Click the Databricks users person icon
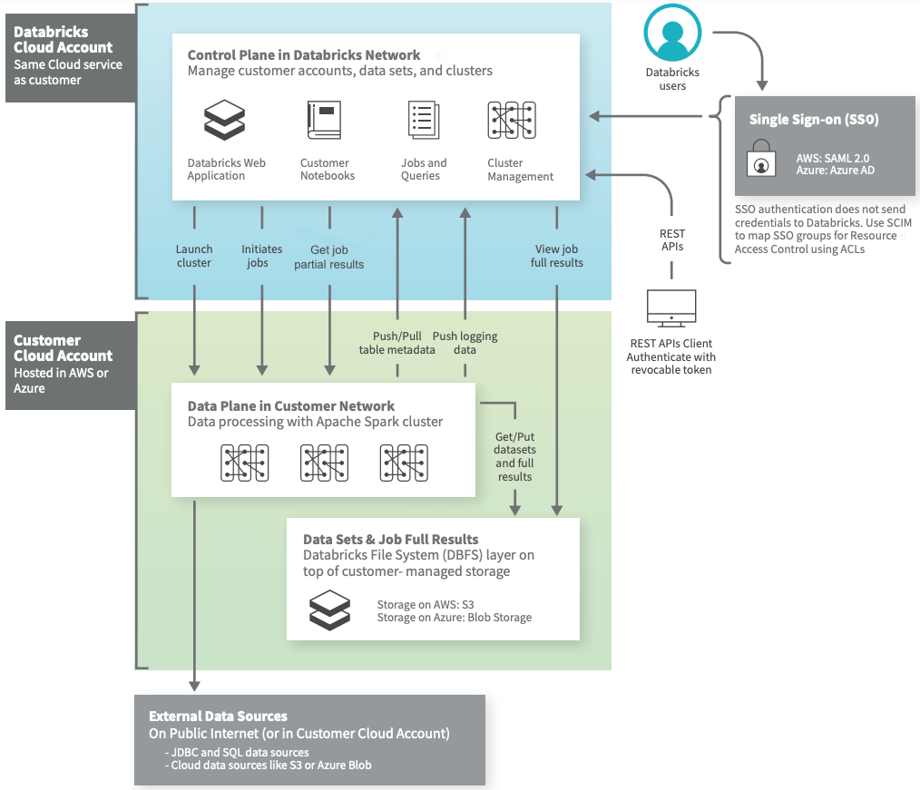(x=672, y=34)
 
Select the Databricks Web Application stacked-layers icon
(x=225, y=121)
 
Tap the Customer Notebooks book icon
(x=324, y=120)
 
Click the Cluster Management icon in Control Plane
(x=513, y=120)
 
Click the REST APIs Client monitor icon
(x=671, y=308)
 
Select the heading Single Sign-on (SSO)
(x=814, y=120)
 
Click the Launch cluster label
(x=194, y=256)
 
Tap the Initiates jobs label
(x=261, y=256)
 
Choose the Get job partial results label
(x=328, y=257)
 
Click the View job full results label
(x=556, y=256)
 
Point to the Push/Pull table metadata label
(x=396, y=343)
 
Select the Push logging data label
(x=465, y=343)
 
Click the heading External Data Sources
(x=218, y=716)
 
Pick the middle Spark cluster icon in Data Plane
(x=324, y=463)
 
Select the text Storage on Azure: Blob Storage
(x=454, y=618)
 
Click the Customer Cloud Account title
(x=63, y=348)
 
